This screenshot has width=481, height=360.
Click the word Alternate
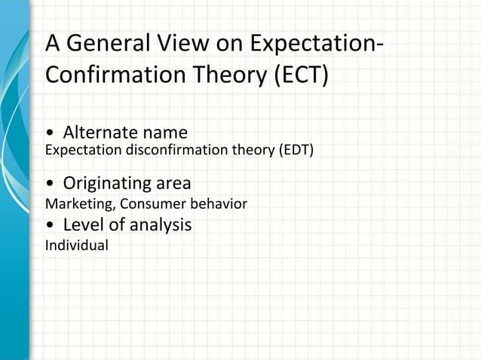pyautogui.click(x=101, y=133)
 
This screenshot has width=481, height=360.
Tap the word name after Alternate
pyautogui.click(x=164, y=133)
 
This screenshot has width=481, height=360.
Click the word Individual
pyautogui.click(x=77, y=245)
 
